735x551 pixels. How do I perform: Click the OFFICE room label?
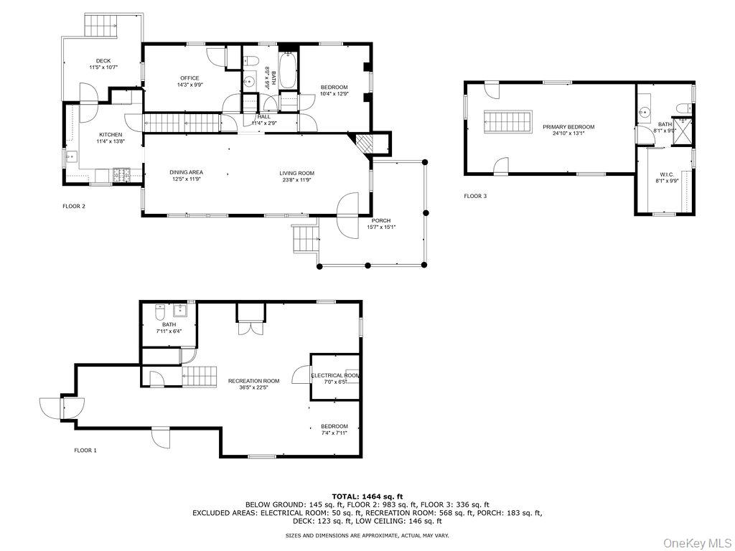(x=189, y=78)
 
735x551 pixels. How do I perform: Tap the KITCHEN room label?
(x=111, y=134)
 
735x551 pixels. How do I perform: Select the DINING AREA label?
(x=186, y=172)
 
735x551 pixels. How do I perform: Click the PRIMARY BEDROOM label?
(x=574, y=127)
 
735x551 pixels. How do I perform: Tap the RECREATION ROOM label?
(x=253, y=381)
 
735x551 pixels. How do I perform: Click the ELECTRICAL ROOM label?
(x=335, y=375)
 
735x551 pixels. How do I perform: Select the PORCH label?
(x=381, y=220)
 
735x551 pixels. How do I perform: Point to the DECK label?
(x=103, y=61)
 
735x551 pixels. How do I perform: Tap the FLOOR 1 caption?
(x=85, y=451)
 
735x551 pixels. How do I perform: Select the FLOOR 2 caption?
(x=74, y=207)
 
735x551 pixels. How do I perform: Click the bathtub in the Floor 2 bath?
(x=288, y=70)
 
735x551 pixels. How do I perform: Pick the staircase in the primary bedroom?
(x=508, y=122)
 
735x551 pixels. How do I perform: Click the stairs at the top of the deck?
(x=101, y=27)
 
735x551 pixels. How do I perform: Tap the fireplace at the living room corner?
(x=364, y=143)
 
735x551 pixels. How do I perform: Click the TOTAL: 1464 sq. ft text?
(x=367, y=496)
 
